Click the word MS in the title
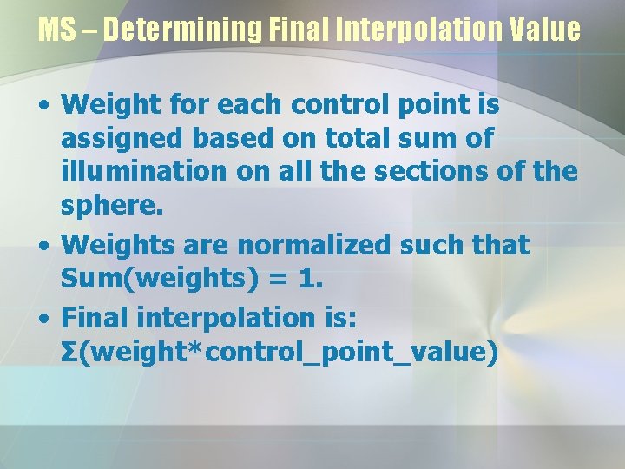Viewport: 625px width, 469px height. coord(56,30)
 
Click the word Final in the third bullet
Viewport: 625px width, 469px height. coord(94,317)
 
